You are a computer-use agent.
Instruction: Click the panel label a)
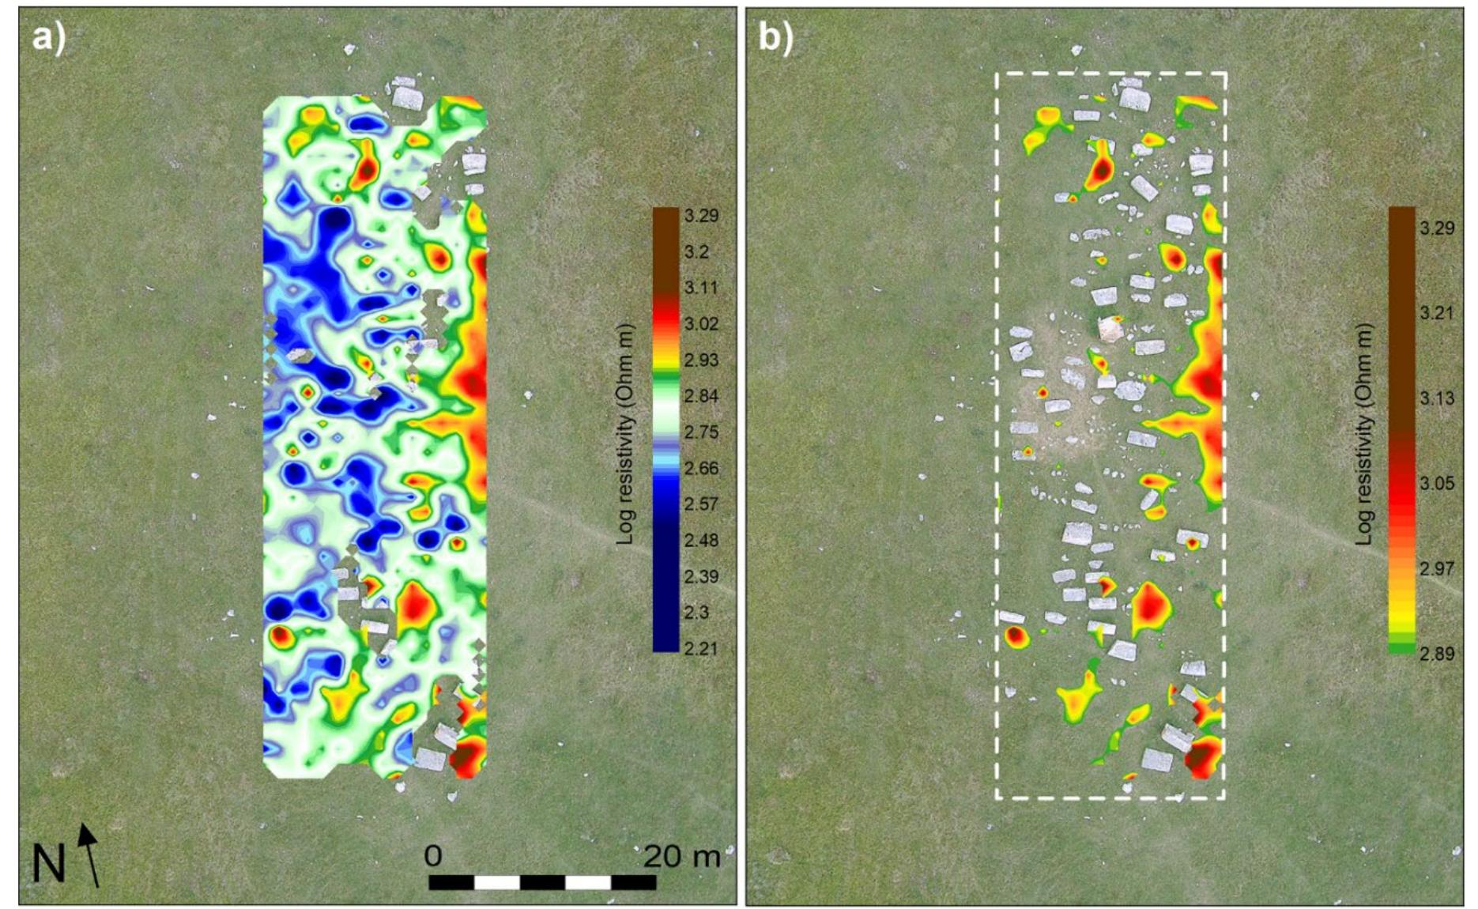(48, 37)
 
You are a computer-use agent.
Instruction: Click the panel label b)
(775, 37)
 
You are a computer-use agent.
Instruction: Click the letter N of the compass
(47, 864)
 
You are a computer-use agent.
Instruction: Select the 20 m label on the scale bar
(681, 856)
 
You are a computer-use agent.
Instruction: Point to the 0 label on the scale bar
(432, 856)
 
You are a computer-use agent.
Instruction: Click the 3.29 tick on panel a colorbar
(701, 216)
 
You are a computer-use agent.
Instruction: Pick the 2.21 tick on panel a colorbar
(701, 649)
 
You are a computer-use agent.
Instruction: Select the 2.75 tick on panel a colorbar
(701, 432)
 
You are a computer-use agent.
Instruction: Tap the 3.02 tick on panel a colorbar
(701, 324)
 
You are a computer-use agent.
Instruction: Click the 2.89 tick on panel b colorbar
(1436, 654)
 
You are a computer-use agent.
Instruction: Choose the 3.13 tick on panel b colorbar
(1436, 398)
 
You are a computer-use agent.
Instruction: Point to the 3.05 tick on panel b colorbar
(1436, 484)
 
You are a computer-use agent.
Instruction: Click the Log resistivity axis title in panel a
(625, 433)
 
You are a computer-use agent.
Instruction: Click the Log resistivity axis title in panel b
(1363, 433)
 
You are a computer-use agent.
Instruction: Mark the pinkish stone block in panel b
(1111, 329)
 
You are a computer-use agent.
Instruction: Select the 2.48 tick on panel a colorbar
(701, 541)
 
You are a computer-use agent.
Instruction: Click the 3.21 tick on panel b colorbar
(1436, 313)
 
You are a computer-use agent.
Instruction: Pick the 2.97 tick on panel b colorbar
(1436, 568)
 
